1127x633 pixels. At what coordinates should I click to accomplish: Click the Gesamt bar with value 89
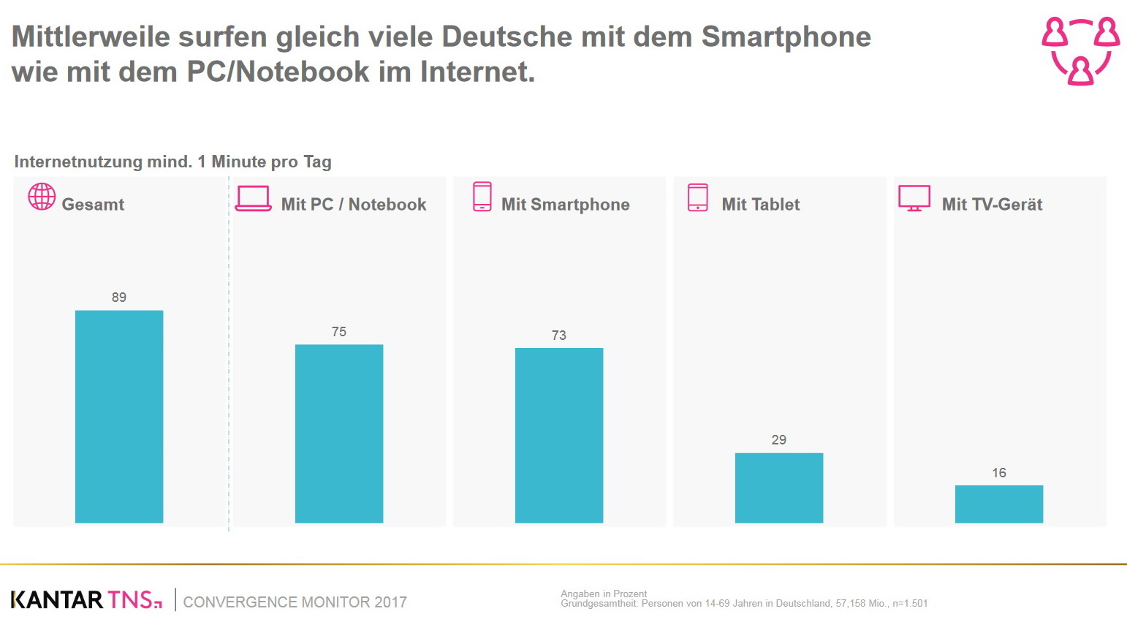(x=119, y=417)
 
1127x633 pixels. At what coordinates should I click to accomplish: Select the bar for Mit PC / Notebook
(x=339, y=433)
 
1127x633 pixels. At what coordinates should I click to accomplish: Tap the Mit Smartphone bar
(x=559, y=435)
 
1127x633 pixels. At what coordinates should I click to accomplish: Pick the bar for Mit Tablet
(x=779, y=488)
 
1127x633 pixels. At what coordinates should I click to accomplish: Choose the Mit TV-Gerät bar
(x=999, y=504)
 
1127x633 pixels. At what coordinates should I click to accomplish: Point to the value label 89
(x=119, y=297)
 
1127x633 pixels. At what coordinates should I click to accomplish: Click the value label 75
(x=339, y=332)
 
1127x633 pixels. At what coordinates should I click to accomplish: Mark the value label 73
(x=559, y=336)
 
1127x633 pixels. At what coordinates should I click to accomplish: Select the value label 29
(x=779, y=440)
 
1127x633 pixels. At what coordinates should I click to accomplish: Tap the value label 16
(x=999, y=473)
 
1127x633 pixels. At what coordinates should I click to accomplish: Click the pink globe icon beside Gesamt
(x=42, y=197)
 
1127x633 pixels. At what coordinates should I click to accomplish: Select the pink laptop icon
(x=254, y=198)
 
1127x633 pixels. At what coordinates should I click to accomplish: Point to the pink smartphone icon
(x=482, y=197)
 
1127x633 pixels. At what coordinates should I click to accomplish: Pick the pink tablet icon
(x=698, y=197)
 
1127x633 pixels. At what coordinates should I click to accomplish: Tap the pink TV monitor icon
(x=914, y=198)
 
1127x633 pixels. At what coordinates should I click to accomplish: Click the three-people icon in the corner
(x=1080, y=51)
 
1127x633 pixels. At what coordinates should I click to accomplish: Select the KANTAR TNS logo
(x=86, y=600)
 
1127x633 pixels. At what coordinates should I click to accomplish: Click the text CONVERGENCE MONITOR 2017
(x=295, y=602)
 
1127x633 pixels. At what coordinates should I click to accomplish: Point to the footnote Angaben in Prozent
(x=604, y=594)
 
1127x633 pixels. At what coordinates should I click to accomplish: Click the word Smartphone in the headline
(x=786, y=37)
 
